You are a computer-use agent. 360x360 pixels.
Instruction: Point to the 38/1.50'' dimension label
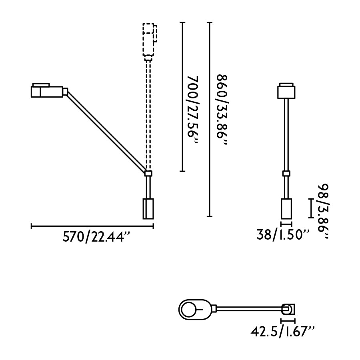(x=283, y=234)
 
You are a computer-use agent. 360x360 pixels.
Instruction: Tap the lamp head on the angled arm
(x=47, y=91)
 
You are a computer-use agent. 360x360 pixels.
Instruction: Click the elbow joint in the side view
(x=148, y=173)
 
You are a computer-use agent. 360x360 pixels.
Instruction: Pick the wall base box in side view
(x=148, y=208)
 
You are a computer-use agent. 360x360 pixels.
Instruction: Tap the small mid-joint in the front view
(x=286, y=173)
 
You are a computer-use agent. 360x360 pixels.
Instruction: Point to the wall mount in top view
(x=288, y=309)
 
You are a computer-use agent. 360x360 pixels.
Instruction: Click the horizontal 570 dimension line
(x=92, y=226)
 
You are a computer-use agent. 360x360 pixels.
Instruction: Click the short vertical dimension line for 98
(x=310, y=208)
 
